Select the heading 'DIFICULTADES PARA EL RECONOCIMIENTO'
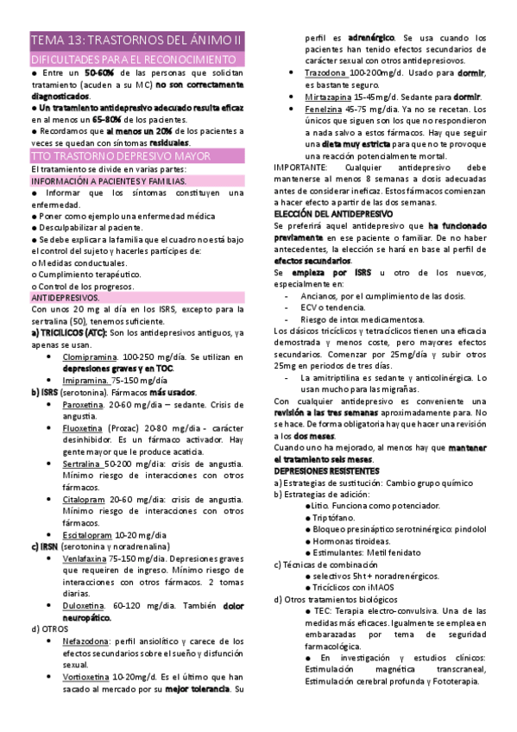coord(134,60)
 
